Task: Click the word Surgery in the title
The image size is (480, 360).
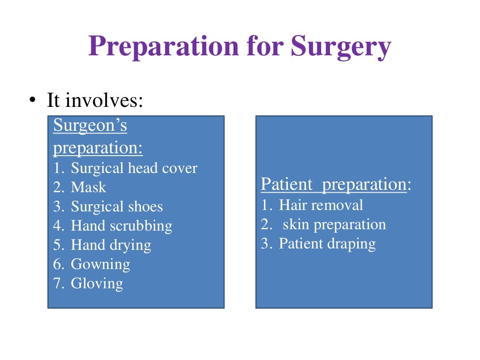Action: click(340, 47)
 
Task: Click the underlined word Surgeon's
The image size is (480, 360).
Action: click(90, 126)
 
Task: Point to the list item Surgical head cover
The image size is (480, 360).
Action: click(134, 168)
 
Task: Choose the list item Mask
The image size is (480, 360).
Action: click(88, 187)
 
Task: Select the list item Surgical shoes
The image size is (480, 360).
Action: click(117, 207)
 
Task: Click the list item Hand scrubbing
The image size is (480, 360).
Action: click(121, 226)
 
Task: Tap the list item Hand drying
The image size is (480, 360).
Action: click(111, 245)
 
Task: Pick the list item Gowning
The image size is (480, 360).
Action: click(100, 264)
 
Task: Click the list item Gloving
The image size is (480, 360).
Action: click(97, 284)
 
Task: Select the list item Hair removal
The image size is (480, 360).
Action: click(321, 205)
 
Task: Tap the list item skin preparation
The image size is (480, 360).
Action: click(334, 225)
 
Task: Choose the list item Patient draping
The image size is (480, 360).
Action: click(327, 244)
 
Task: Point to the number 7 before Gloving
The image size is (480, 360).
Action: click(57, 284)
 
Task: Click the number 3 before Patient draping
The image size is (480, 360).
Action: click(265, 244)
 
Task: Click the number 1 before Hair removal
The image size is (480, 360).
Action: click(265, 205)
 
